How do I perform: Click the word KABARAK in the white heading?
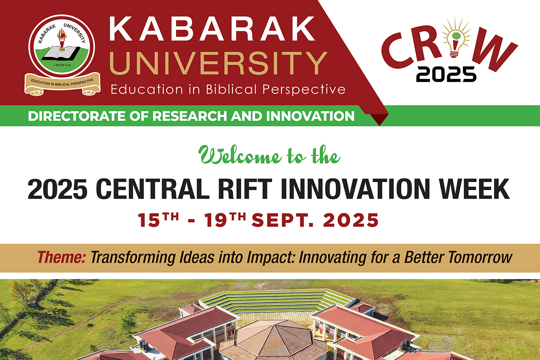pyautogui.click(x=212, y=29)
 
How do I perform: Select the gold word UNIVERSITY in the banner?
pyautogui.click(x=218, y=63)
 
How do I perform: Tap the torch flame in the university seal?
pyautogui.click(x=62, y=34)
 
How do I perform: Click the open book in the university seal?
pyautogui.click(x=61, y=53)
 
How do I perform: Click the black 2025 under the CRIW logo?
pyautogui.click(x=446, y=75)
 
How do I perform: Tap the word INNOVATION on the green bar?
pyautogui.click(x=310, y=116)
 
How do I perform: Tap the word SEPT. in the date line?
pyautogui.click(x=283, y=220)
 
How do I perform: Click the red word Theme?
pyautogui.click(x=62, y=257)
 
